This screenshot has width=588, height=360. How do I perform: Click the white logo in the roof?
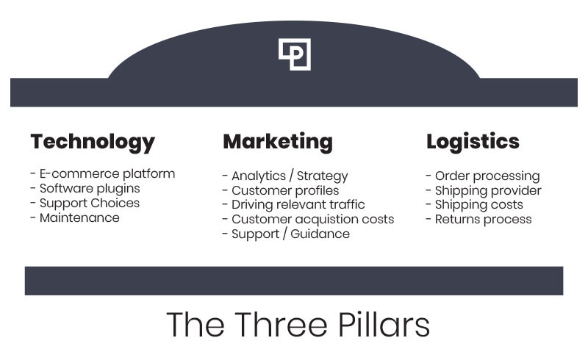click(x=295, y=54)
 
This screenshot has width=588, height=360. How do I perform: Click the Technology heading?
click(x=93, y=143)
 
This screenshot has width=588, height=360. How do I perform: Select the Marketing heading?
click(x=278, y=143)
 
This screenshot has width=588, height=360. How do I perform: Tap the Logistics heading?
click(x=473, y=143)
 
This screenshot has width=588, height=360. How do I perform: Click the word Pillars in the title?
click(x=384, y=325)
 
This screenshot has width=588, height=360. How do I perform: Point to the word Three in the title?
click(x=281, y=325)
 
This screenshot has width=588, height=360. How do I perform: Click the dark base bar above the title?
click(x=294, y=281)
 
